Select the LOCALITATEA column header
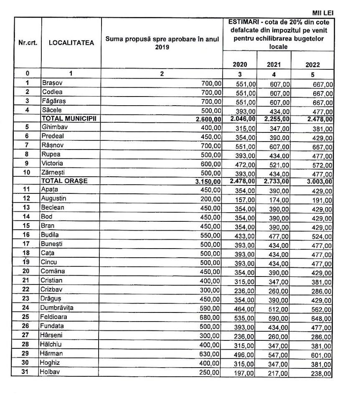pos(71,43)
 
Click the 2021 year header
pos(274,64)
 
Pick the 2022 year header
pos(312,65)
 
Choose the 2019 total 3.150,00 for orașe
pos(207,181)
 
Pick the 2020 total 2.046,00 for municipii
pos(243,119)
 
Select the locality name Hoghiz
pos(51,362)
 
